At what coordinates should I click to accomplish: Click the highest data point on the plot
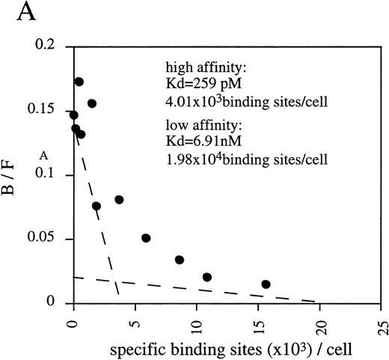click(x=79, y=82)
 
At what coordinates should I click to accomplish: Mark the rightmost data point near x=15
click(x=266, y=284)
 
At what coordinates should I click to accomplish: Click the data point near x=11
click(x=207, y=277)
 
